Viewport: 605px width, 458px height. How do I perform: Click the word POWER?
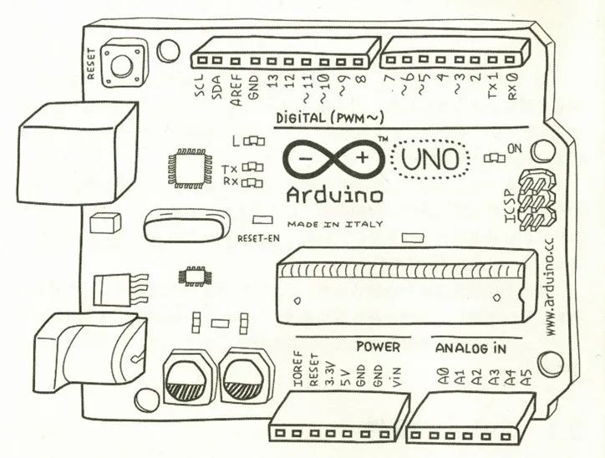(378, 346)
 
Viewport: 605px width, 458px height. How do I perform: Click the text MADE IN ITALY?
(335, 224)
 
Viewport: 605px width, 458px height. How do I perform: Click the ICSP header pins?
(537, 201)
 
